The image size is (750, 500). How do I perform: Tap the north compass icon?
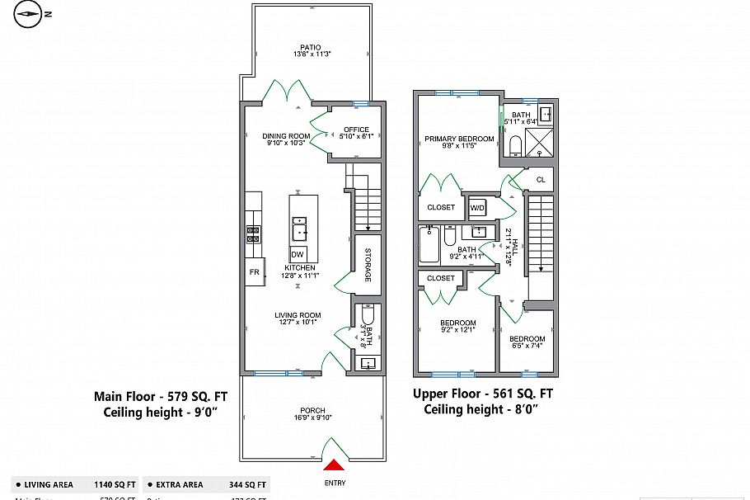point(29,13)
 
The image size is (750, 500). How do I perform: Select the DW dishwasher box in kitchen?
point(298,253)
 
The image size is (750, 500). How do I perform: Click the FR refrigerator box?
point(254,271)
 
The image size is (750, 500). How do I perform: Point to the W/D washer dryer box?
point(478,207)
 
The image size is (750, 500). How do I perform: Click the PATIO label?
point(310,47)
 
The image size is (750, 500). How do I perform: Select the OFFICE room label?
point(356,130)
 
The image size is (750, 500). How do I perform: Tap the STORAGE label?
point(368,266)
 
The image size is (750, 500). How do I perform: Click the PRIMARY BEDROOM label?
point(459,139)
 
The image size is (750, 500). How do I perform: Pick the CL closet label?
point(541,179)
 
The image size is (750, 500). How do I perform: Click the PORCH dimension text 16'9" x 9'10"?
point(312,418)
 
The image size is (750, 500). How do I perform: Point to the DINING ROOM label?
point(286,136)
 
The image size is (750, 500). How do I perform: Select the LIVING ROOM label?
point(298,315)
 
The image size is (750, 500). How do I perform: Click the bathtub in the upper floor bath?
point(429,244)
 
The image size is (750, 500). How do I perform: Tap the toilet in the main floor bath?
point(368,315)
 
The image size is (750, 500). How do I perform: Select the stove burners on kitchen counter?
point(253,234)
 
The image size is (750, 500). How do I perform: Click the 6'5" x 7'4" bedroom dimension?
point(526,346)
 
